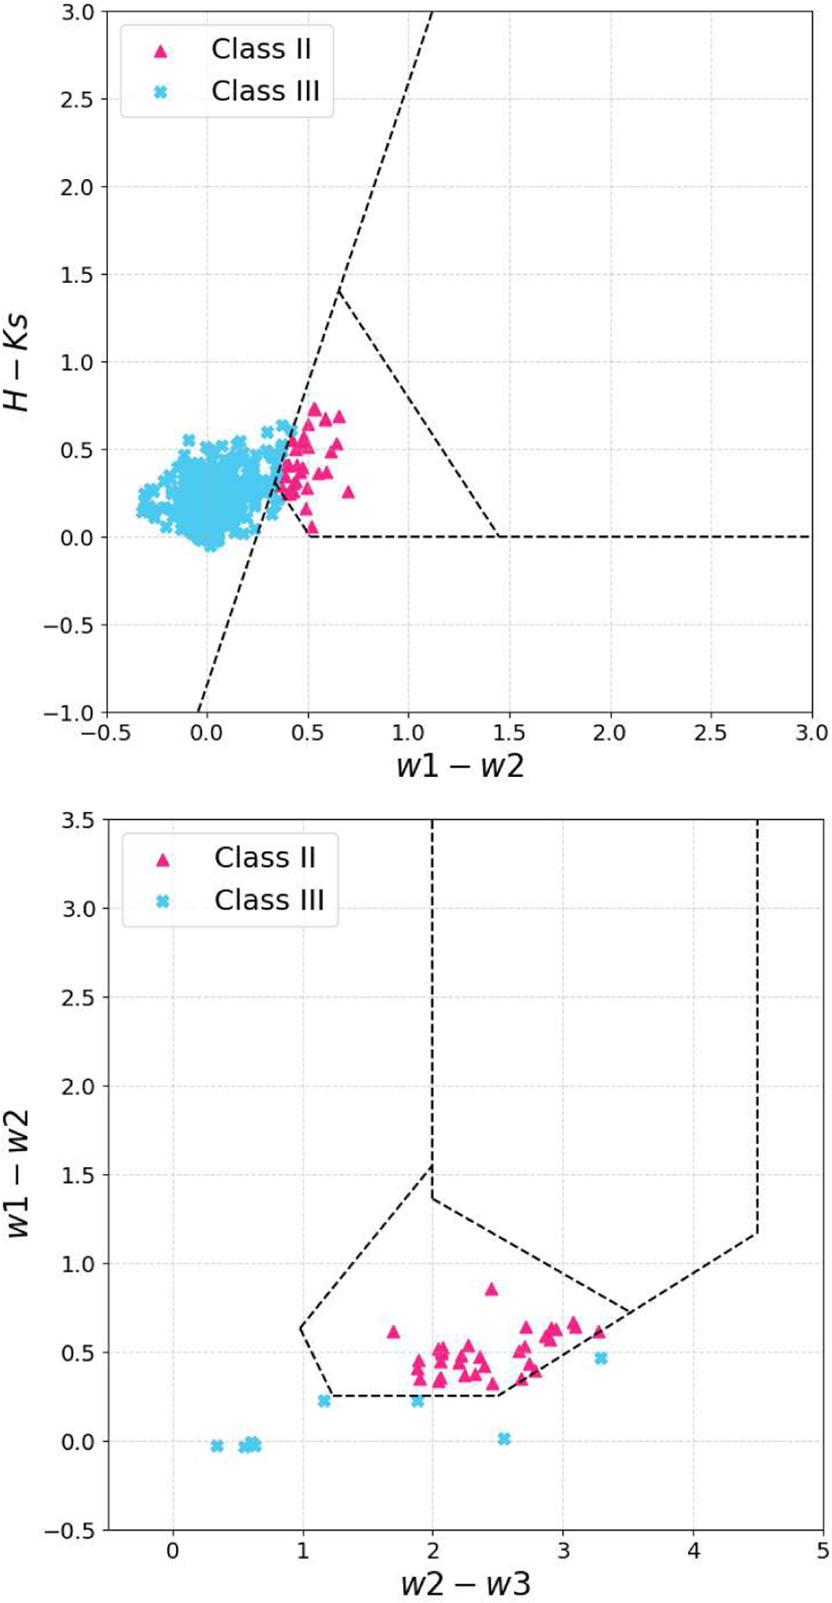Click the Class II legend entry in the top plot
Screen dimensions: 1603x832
coord(260,49)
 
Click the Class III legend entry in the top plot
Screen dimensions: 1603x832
coord(265,92)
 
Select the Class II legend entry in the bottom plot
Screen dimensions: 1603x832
coord(264,858)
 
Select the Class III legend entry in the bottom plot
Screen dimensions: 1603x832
coord(268,900)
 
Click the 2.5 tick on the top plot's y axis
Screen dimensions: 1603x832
coord(77,99)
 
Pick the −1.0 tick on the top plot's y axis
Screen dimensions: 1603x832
coord(71,713)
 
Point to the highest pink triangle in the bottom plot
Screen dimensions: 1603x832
coord(492,1289)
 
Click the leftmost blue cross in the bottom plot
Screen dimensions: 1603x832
coord(217,1446)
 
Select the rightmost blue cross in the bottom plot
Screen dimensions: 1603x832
coord(601,1358)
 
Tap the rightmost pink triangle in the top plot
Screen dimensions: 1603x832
coord(348,492)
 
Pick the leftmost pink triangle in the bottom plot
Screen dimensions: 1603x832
coord(393,1332)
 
